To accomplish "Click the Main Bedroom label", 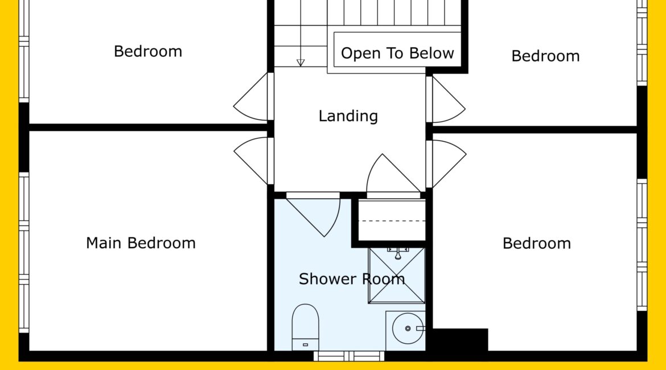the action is pos(141,243).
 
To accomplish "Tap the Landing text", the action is pos(348,116).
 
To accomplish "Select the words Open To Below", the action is pos(397,53).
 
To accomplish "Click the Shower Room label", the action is pos(352,279).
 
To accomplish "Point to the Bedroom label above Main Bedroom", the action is pos(148,51).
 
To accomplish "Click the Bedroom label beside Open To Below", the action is pos(545,56).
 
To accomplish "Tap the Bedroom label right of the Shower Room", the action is pos(536,244).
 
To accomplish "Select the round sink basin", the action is pos(408,328).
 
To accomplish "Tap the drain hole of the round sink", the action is pos(408,328).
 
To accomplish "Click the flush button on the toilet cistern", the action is pos(305,344).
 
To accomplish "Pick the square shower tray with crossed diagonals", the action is pos(397,276).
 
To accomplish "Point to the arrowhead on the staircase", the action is pos(301,63).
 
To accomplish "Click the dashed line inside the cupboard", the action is pos(392,221).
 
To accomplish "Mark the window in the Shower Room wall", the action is pos(349,356).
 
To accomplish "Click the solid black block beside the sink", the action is pos(460,339).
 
